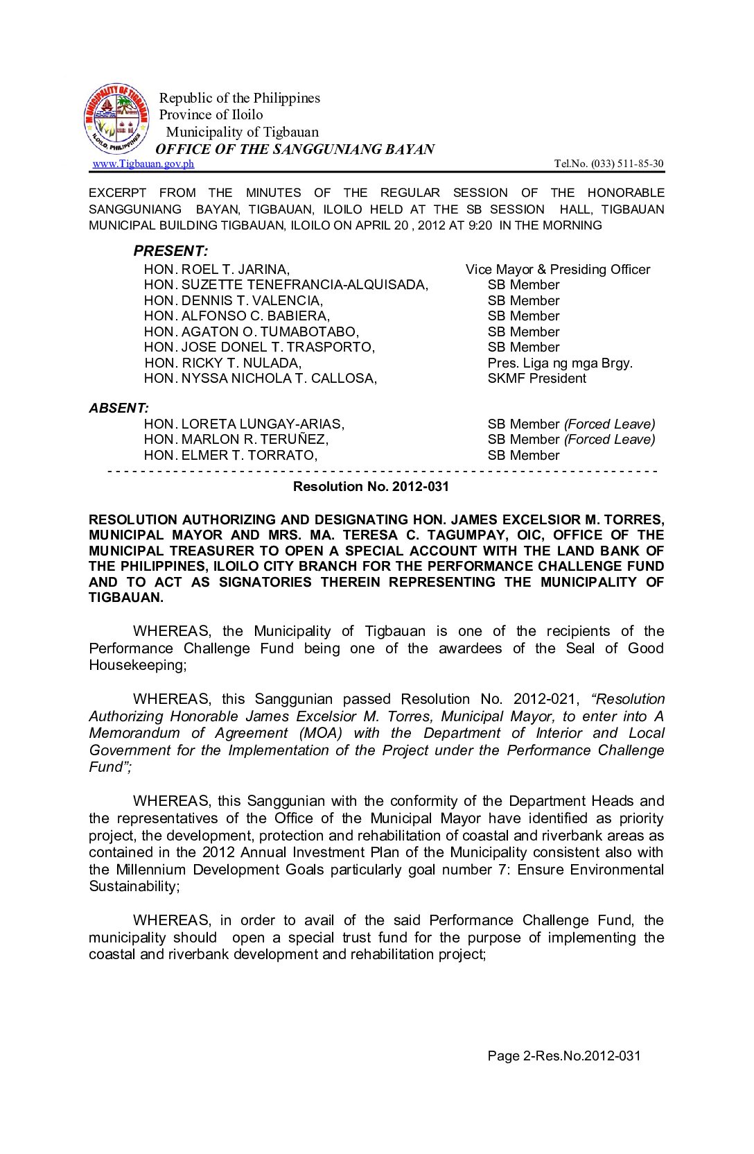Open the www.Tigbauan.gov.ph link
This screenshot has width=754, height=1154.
pyautogui.click(x=143, y=164)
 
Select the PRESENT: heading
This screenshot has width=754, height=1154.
pyautogui.click(x=170, y=251)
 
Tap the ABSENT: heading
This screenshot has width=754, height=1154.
pyautogui.click(x=119, y=408)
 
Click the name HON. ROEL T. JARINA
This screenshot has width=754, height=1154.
pyautogui.click(x=217, y=269)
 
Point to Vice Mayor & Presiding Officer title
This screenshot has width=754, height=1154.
pyautogui.click(x=558, y=269)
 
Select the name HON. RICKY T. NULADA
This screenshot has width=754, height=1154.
pyautogui.click(x=222, y=363)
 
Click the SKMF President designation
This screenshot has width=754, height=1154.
pyautogui.click(x=536, y=378)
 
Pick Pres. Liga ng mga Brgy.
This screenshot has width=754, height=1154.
pyautogui.click(x=560, y=363)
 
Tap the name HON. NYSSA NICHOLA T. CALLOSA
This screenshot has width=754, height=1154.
pyautogui.click(x=261, y=378)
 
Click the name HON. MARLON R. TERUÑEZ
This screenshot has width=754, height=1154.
pyautogui.click(x=236, y=439)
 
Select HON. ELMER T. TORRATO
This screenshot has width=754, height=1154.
pyautogui.click(x=231, y=455)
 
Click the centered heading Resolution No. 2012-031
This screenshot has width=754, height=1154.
pyautogui.click(x=371, y=486)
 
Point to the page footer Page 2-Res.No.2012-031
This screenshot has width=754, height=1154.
pyautogui.click(x=564, y=1056)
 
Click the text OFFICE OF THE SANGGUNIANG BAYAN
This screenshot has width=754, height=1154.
pyautogui.click(x=295, y=149)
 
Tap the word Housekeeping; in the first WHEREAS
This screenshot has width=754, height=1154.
pyautogui.click(x=138, y=665)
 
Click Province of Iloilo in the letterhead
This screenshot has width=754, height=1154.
pyautogui.click(x=211, y=114)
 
